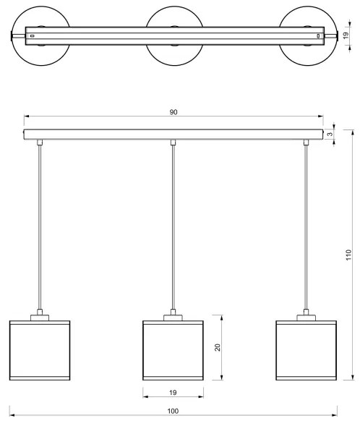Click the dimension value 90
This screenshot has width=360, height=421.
click(x=173, y=112)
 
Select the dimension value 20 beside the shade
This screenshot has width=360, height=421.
click(x=218, y=348)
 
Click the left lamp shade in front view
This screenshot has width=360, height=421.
click(x=39, y=350)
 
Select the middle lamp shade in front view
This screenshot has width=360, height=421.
click(x=172, y=350)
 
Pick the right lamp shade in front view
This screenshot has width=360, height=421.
click(x=306, y=350)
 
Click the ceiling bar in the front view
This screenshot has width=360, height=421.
click(x=173, y=135)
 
